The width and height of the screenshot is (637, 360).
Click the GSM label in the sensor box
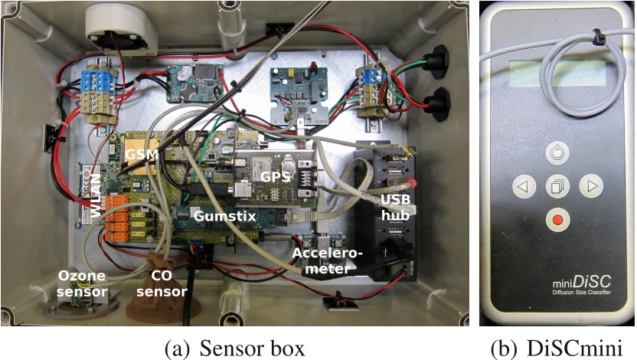142,155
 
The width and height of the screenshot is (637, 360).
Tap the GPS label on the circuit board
276,176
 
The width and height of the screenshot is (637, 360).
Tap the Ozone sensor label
83,283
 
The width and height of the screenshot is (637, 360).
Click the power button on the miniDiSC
557,153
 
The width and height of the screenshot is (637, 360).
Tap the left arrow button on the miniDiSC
522,186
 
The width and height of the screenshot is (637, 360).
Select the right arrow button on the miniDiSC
590,186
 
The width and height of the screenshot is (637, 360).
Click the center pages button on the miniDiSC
557,186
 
